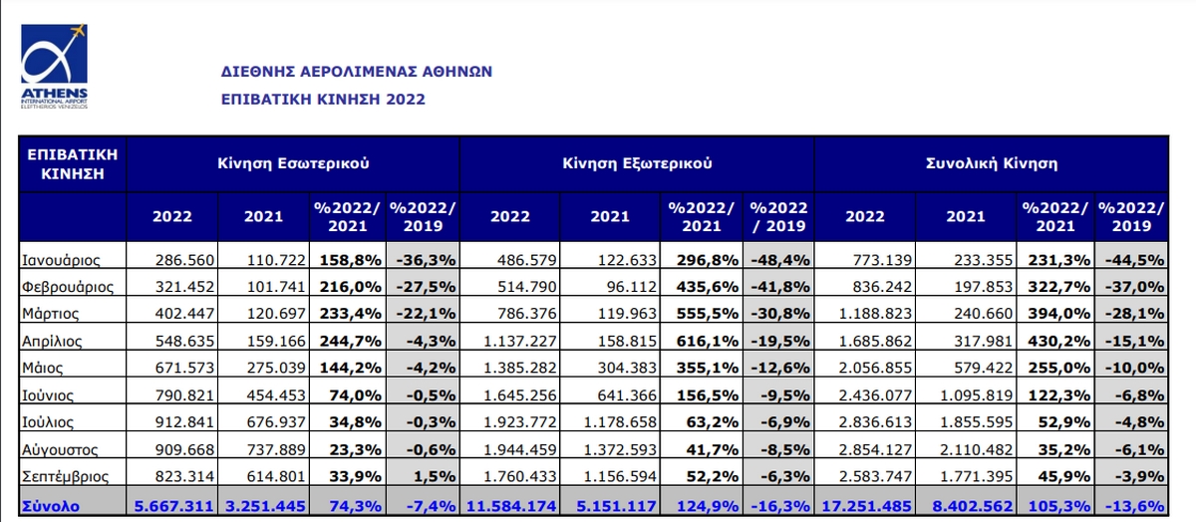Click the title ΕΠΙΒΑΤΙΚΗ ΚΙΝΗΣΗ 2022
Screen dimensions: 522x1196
[323, 99]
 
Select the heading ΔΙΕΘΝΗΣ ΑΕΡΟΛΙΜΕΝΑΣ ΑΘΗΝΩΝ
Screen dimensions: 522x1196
[356, 73]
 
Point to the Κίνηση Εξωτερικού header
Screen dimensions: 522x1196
[637, 161]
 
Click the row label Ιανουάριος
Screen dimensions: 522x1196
[62, 260]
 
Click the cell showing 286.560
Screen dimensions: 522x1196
[185, 260]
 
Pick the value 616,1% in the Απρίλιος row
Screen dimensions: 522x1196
[708, 341]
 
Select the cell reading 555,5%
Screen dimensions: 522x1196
[708, 314]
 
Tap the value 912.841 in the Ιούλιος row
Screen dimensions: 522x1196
[185, 423]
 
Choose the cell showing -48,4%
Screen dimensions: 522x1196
[778, 260]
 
